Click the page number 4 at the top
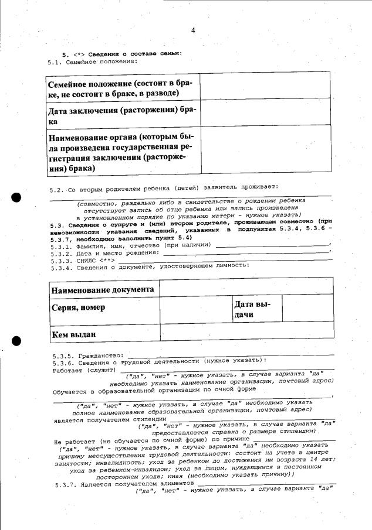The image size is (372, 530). [192, 30]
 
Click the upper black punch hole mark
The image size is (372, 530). [16, 197]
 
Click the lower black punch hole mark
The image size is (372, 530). [16, 341]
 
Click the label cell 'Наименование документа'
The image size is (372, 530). [103, 290]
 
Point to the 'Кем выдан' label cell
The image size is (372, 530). [103, 335]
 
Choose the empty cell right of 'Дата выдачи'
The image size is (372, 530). [307, 309]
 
